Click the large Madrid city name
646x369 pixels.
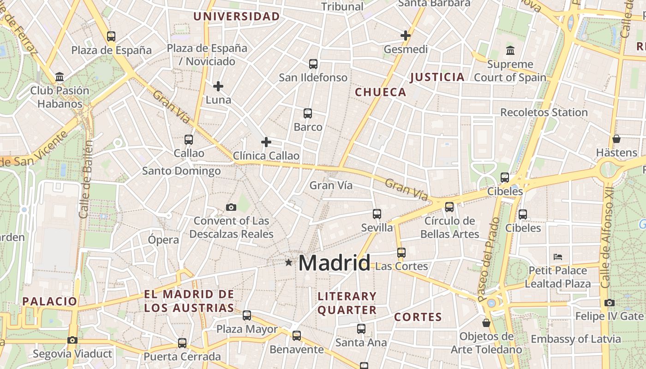(x=334, y=263)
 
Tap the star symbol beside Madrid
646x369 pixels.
(x=289, y=262)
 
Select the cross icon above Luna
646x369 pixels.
(x=218, y=86)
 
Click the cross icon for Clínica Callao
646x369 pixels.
(x=266, y=142)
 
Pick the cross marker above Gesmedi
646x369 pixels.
(x=406, y=36)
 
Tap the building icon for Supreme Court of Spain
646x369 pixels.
(x=510, y=50)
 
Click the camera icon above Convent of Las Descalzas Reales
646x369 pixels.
(x=231, y=207)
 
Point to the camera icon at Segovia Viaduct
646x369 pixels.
(x=72, y=340)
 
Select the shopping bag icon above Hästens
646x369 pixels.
(x=616, y=138)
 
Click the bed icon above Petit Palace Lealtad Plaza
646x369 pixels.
(x=558, y=256)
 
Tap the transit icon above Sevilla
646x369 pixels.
(x=377, y=214)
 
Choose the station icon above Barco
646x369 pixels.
(x=308, y=113)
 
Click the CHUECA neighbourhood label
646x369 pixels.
(x=381, y=92)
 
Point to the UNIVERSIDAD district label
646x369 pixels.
(x=237, y=17)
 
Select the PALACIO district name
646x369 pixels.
(x=50, y=301)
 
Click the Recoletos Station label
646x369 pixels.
(x=544, y=112)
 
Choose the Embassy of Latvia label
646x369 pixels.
(x=576, y=339)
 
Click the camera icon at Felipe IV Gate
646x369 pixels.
(x=610, y=303)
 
